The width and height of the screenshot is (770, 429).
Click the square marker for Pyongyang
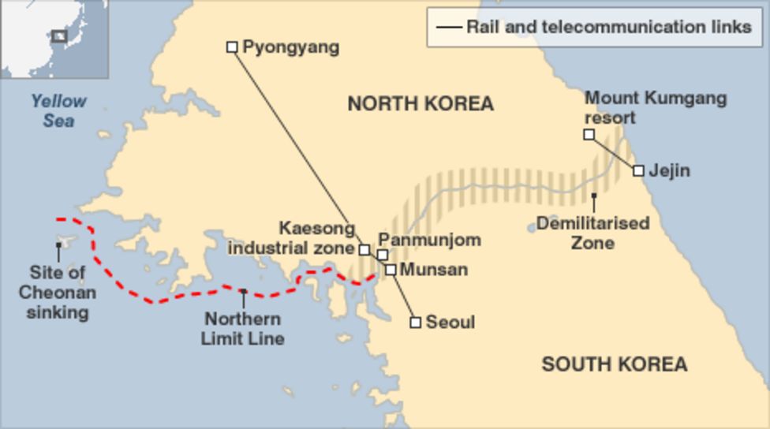click(x=232, y=47)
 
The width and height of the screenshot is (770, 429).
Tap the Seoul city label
click(x=450, y=323)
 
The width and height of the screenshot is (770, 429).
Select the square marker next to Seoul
click(x=416, y=323)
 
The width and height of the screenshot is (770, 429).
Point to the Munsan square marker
click(x=391, y=270)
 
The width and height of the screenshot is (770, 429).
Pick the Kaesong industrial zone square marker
click(x=364, y=250)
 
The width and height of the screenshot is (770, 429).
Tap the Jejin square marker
click(x=638, y=170)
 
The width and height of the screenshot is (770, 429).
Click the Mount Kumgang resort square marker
click(x=589, y=135)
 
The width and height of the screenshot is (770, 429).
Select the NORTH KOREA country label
click(x=421, y=103)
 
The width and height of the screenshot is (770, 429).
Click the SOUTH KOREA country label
click(x=614, y=364)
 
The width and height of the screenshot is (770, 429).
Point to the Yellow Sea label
click(x=59, y=111)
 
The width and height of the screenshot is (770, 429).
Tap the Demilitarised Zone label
click(x=593, y=233)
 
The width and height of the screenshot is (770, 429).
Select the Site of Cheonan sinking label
click(x=58, y=293)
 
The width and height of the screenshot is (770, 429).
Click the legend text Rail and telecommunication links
click(x=608, y=27)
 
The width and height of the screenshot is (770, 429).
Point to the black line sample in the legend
click(x=449, y=28)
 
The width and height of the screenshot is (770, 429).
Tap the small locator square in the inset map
click(x=59, y=35)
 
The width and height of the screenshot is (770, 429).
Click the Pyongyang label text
click(x=290, y=47)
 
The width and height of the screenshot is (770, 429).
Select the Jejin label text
click(x=669, y=170)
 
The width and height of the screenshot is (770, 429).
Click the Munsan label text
click(x=433, y=270)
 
